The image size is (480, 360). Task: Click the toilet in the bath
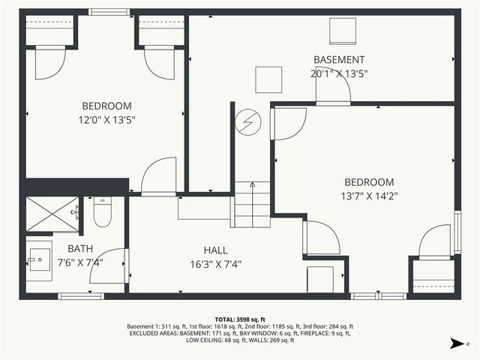pyautogui.click(x=102, y=213)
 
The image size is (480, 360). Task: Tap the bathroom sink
pyautogui.click(x=39, y=262)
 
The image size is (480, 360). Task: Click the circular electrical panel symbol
pyautogui.click(x=247, y=121)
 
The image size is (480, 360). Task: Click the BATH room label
pyautogui.click(x=80, y=249)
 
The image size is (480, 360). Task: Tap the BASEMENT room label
pyautogui.click(x=339, y=60)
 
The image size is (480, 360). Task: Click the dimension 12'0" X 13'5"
pyautogui.click(x=106, y=119)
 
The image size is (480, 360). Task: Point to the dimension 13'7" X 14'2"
pyautogui.click(x=369, y=196)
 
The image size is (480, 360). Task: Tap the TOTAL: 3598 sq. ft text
pyautogui.click(x=239, y=319)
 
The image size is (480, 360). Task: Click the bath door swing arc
pyautogui.click(x=106, y=267)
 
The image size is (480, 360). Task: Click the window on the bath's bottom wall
pyautogui.click(x=81, y=296)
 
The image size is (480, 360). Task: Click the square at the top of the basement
pyautogui.click(x=343, y=31)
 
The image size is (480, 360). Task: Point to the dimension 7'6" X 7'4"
pyautogui.click(x=80, y=262)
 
